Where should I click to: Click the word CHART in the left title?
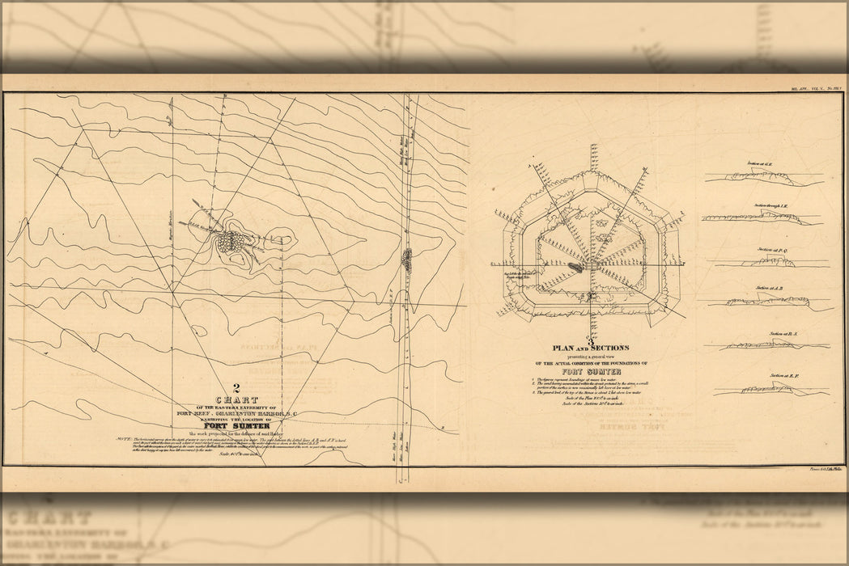click(237, 399)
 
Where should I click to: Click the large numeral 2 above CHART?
click(236, 387)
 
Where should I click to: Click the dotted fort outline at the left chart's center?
click(231, 240)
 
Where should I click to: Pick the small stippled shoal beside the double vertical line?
click(407, 259)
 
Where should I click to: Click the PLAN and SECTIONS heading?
click(591, 348)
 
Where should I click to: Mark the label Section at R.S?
click(783, 333)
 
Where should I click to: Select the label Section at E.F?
click(783, 376)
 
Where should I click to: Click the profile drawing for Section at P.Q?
click(773, 262)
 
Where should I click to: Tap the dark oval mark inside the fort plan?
click(575, 266)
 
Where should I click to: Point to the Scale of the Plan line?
click(591, 396)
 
